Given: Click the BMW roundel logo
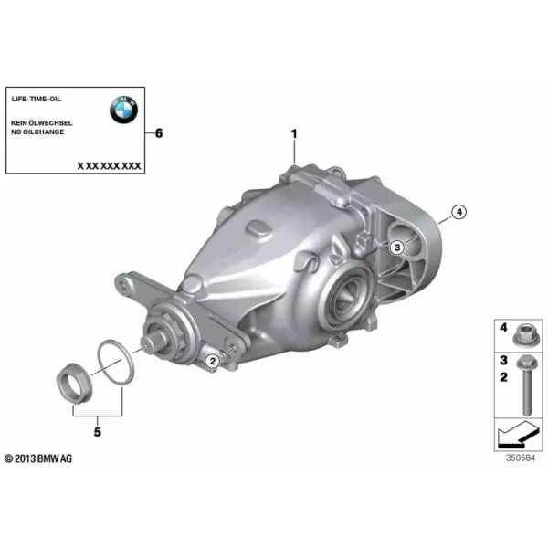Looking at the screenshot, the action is [x=123, y=110].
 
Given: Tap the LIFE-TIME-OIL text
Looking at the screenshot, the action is [x=37, y=99].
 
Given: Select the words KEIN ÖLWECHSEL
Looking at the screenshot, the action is [x=42, y=122].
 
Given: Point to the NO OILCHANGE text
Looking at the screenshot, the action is [x=37, y=132].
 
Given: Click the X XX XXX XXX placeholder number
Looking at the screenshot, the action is [x=109, y=165].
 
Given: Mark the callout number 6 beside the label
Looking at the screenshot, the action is [x=159, y=133].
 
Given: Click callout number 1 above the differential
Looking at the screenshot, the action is [x=294, y=134].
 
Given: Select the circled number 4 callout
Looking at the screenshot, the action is [x=458, y=212].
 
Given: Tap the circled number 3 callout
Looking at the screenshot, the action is [x=397, y=248].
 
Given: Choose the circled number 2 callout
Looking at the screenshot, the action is [x=213, y=361].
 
